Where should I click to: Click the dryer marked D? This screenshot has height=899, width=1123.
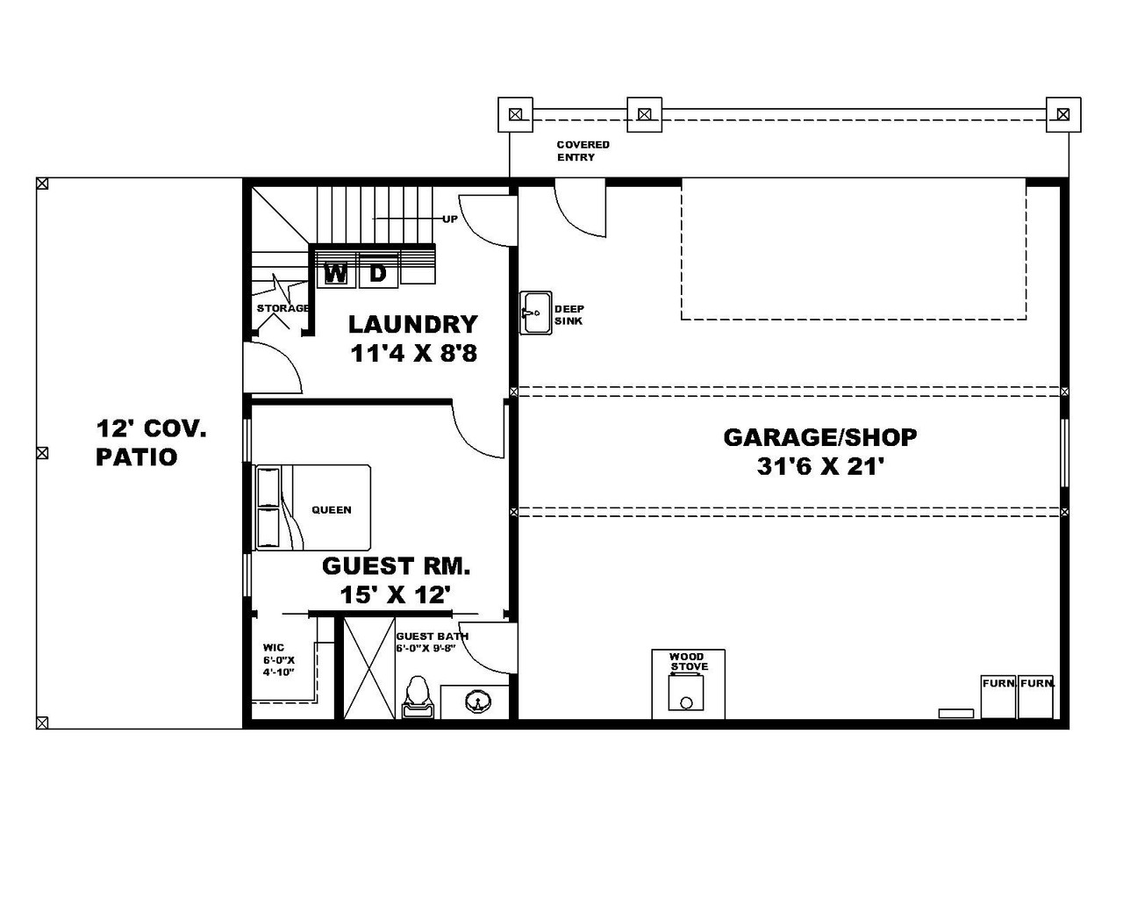(x=378, y=273)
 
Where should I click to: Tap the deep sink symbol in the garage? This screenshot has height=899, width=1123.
(x=534, y=313)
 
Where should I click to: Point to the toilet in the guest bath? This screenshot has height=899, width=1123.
(x=418, y=698)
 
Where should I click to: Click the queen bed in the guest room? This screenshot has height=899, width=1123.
(x=314, y=508)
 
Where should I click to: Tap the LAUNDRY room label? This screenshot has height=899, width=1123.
(x=412, y=324)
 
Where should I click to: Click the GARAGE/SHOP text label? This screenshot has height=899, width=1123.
(x=819, y=436)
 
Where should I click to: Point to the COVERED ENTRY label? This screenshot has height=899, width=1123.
(x=583, y=151)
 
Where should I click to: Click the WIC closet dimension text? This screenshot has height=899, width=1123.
(x=278, y=660)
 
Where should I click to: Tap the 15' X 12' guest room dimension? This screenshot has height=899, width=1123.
(x=396, y=595)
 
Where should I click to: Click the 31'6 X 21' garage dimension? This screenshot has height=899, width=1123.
(x=819, y=467)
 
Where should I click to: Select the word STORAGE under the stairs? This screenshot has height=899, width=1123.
(x=283, y=308)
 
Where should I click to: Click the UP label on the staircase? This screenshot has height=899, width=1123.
(x=449, y=219)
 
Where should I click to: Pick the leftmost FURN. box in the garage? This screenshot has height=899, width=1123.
(x=998, y=697)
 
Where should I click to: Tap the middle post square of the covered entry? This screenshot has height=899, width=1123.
(x=644, y=114)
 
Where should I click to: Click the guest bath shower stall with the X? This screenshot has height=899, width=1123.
(x=368, y=668)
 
